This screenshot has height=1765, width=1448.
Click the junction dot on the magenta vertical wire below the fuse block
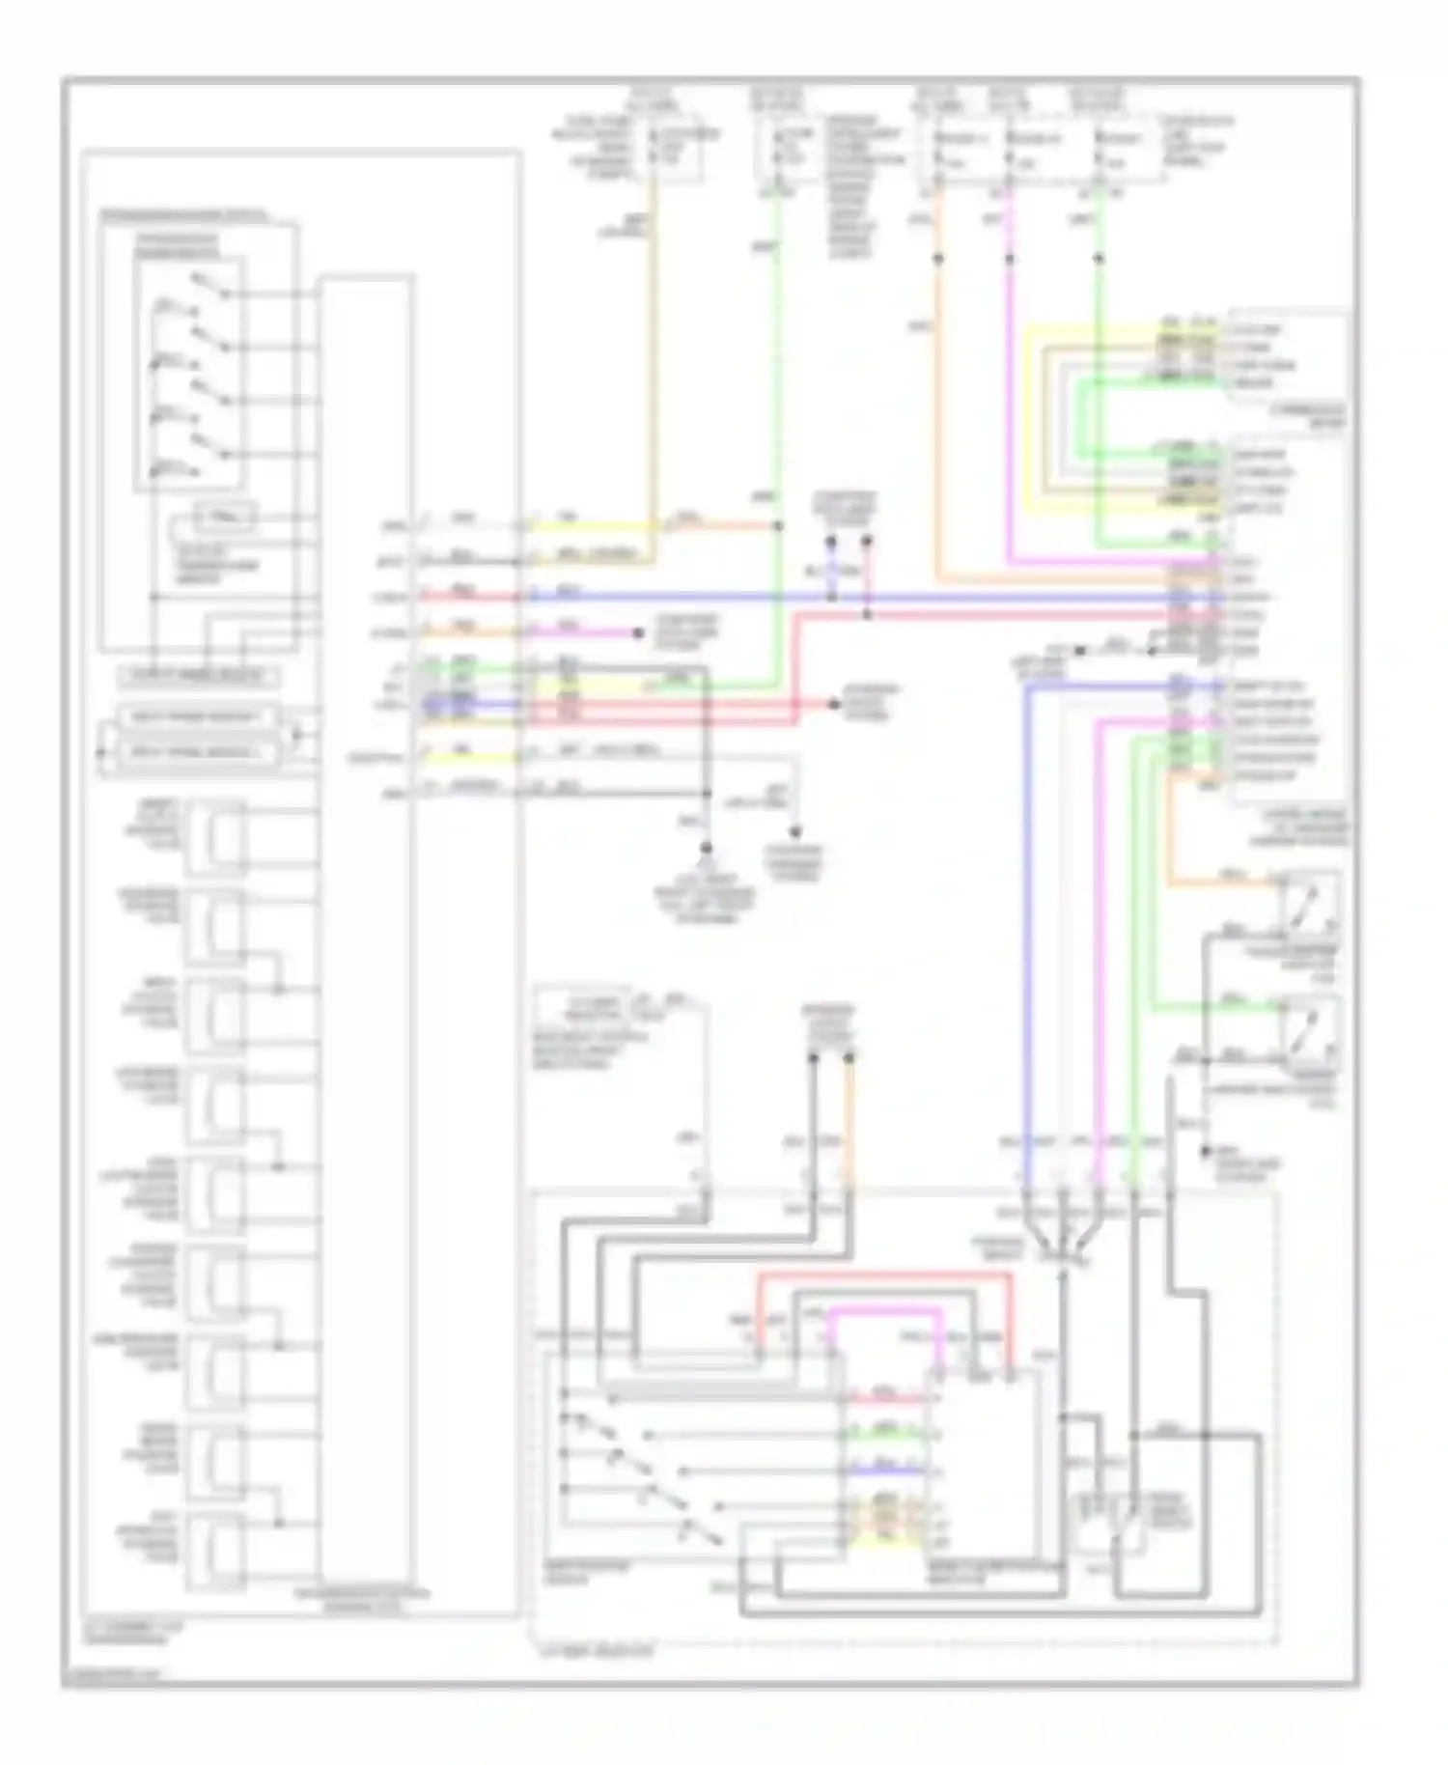click(x=1010, y=259)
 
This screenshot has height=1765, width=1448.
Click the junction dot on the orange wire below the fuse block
click(x=937, y=259)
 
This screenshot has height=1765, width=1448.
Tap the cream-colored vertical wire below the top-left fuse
click(x=654, y=367)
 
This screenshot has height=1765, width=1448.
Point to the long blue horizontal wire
click(x=869, y=598)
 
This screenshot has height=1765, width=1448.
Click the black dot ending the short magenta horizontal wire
click(x=638, y=633)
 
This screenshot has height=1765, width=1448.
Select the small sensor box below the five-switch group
click(x=225, y=518)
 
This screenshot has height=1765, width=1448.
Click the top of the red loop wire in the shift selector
click(x=883, y=1275)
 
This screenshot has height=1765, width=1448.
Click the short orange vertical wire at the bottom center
click(x=849, y=1120)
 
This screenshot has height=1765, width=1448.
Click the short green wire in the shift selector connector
click(x=886, y=1436)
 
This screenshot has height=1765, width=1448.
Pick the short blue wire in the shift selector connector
click(x=886, y=1471)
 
